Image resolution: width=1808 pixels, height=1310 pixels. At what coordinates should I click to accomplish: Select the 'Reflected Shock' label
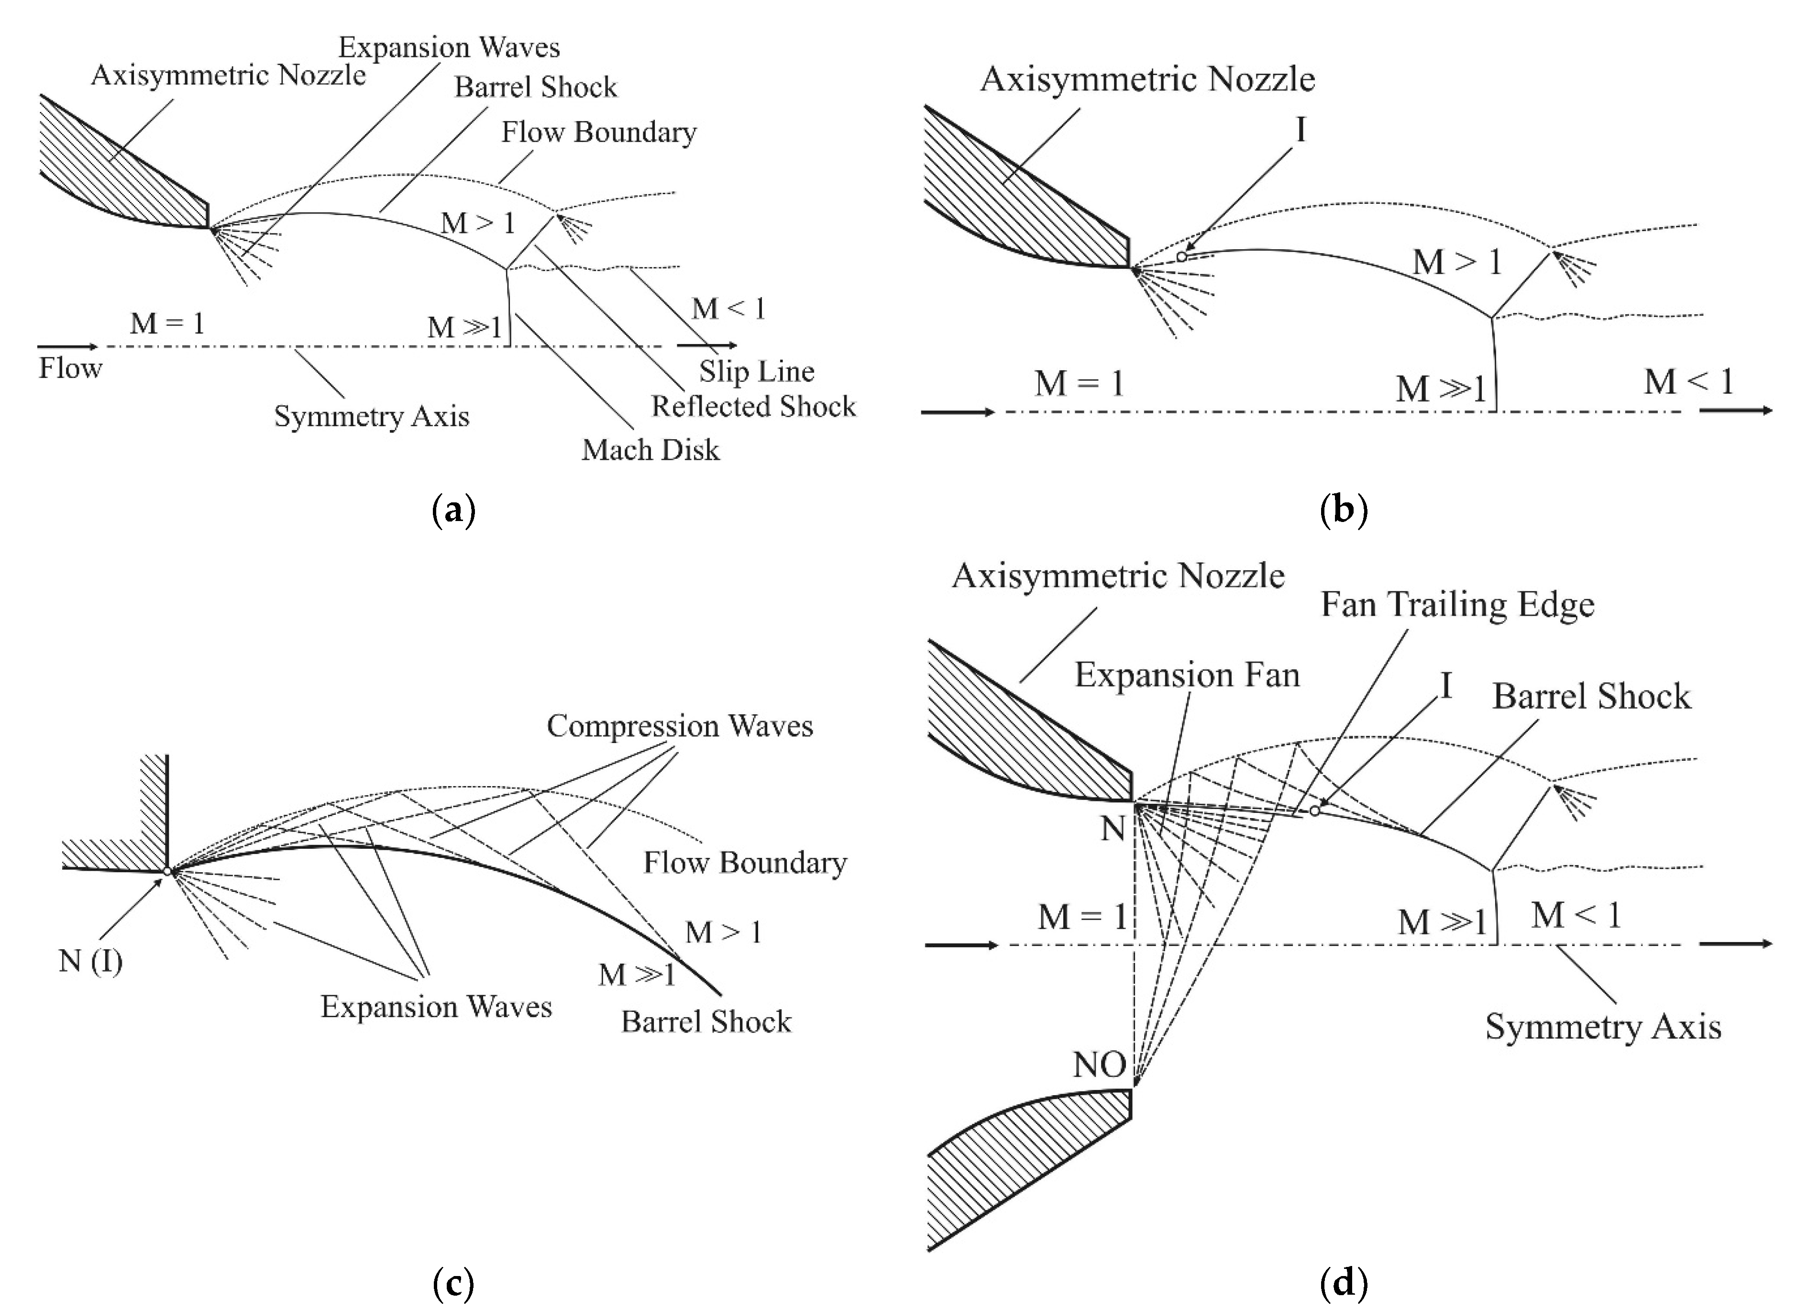pos(753,407)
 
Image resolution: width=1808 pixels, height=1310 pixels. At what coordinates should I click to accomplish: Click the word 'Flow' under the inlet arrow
pos(70,368)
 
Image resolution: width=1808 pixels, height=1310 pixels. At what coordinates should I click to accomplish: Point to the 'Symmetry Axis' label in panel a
pos(372,416)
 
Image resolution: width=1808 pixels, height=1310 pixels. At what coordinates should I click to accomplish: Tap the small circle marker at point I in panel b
pos(1181,257)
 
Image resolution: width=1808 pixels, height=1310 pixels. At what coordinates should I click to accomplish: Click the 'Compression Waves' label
pos(679,725)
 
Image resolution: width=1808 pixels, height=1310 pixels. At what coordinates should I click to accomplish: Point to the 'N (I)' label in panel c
pos(90,961)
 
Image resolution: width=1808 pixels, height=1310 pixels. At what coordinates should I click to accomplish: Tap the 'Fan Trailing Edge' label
pos(1457,604)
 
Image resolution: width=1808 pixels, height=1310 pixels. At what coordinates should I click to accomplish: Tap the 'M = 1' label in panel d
pos(1081,917)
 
